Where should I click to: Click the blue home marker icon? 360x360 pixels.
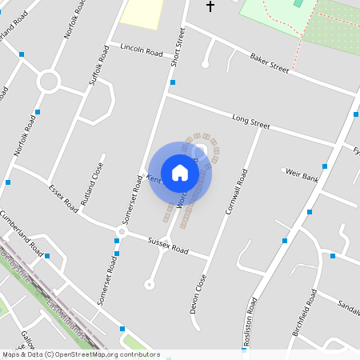(x=180, y=173)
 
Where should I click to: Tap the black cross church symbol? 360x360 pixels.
(x=210, y=6)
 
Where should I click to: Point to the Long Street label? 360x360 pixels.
(x=250, y=122)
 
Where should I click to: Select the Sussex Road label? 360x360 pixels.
(x=168, y=245)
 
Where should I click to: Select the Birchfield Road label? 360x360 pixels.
(x=303, y=312)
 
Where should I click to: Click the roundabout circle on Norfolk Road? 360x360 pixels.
(x=49, y=82)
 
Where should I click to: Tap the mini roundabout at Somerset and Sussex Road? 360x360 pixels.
(x=122, y=232)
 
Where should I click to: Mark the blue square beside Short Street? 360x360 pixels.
(x=173, y=82)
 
